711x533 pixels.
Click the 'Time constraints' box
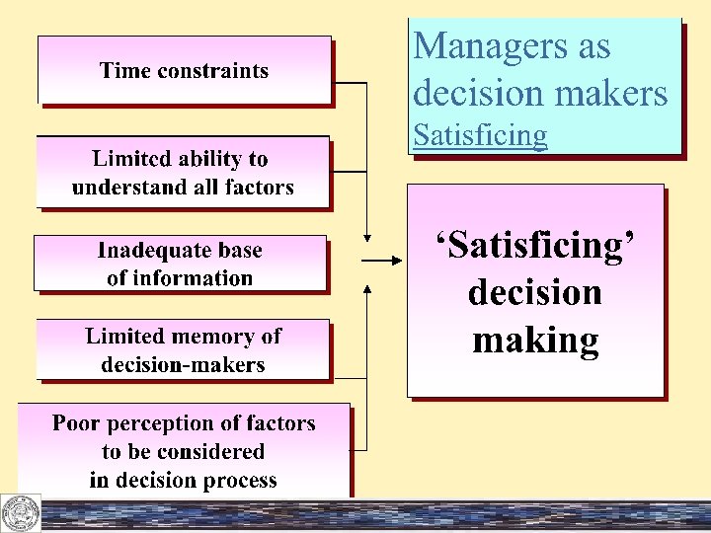pyautogui.click(x=185, y=70)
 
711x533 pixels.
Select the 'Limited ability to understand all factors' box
pyautogui.click(x=183, y=172)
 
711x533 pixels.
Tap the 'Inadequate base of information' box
pyautogui.click(x=180, y=264)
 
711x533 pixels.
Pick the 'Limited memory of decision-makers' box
pyautogui.click(x=183, y=349)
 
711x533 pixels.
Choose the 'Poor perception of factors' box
pyautogui.click(x=184, y=451)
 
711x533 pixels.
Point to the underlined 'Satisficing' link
pyautogui.click(x=480, y=134)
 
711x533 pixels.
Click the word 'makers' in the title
pyautogui.click(x=609, y=93)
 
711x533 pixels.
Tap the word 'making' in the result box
pyautogui.click(x=535, y=340)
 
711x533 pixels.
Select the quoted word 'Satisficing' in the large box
pyautogui.click(x=534, y=245)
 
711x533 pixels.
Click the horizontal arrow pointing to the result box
pyautogui.click(x=380, y=261)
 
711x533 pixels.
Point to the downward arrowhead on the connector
pyautogui.click(x=367, y=237)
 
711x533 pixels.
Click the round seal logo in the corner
pyautogui.click(x=20, y=512)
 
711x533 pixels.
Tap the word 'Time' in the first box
pyautogui.click(x=122, y=70)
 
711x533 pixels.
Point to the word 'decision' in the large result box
pyautogui.click(x=534, y=292)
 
